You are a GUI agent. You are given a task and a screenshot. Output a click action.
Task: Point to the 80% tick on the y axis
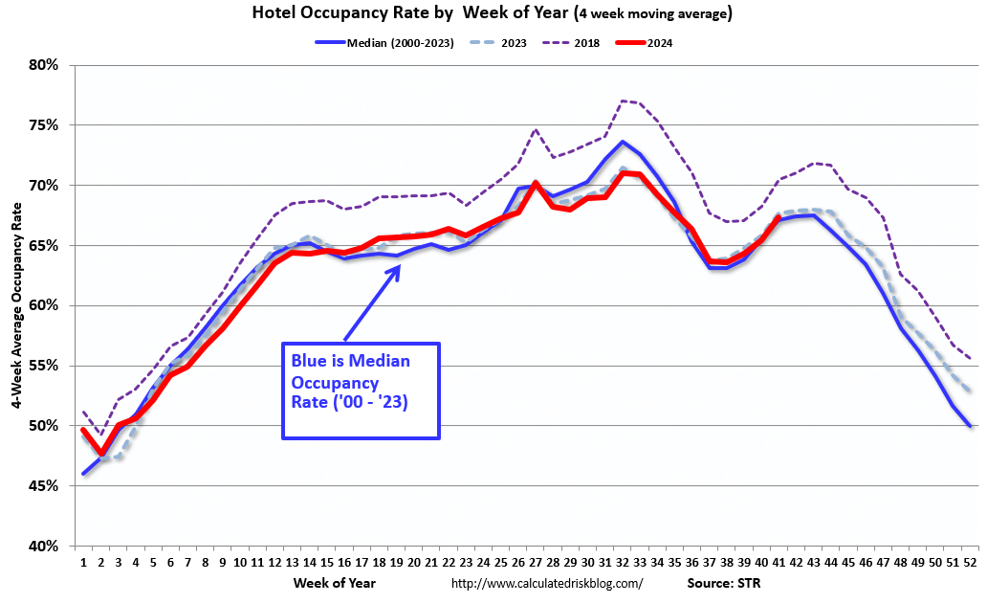[44, 65]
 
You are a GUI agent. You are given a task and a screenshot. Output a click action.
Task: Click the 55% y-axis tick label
[44, 366]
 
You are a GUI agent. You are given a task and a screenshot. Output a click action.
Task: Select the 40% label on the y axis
[44, 547]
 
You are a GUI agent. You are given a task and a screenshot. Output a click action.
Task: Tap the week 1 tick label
[84, 563]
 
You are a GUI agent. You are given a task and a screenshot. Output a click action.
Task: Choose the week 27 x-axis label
[536, 563]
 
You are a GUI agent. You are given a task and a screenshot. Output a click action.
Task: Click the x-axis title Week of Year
[335, 582]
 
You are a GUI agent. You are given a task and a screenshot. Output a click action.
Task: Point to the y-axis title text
[18, 305]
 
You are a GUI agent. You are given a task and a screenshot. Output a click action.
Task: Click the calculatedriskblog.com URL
[546, 583]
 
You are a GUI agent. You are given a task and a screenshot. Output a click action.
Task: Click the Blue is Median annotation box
[361, 391]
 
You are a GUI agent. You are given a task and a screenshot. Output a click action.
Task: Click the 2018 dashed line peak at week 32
[622, 100]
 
